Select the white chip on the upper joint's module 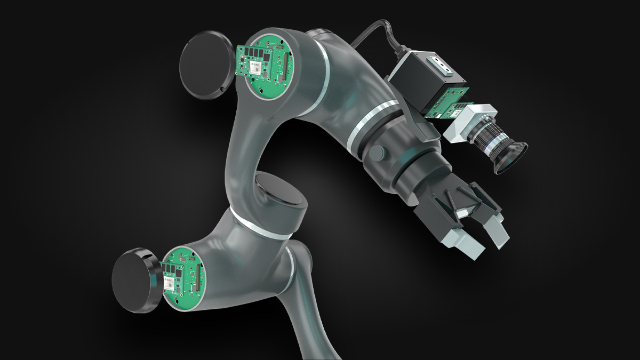pos(254,68)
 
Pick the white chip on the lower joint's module pos(169,283)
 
